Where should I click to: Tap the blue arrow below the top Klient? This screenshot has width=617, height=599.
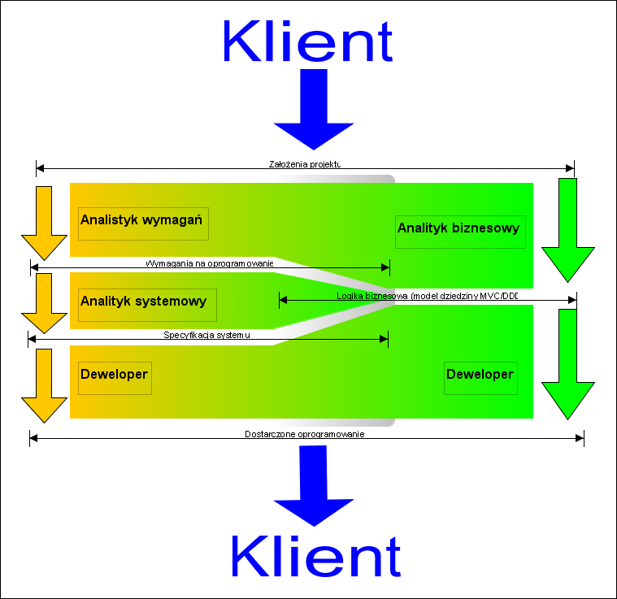(313, 110)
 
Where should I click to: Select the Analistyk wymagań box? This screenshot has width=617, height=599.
(143, 223)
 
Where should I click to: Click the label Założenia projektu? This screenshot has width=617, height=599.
(305, 163)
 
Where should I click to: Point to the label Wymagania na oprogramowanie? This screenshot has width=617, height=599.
(210, 263)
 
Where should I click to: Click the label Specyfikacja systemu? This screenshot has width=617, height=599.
(207, 335)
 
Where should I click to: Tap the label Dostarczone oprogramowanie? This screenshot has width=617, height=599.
(304, 434)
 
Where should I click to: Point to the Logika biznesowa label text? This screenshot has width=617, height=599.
(427, 296)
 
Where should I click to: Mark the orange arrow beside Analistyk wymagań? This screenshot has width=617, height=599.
(43, 222)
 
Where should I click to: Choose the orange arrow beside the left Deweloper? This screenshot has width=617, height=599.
(43, 384)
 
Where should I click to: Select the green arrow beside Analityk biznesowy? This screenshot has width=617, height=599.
(568, 228)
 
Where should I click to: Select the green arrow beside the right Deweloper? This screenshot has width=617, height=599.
(568, 362)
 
